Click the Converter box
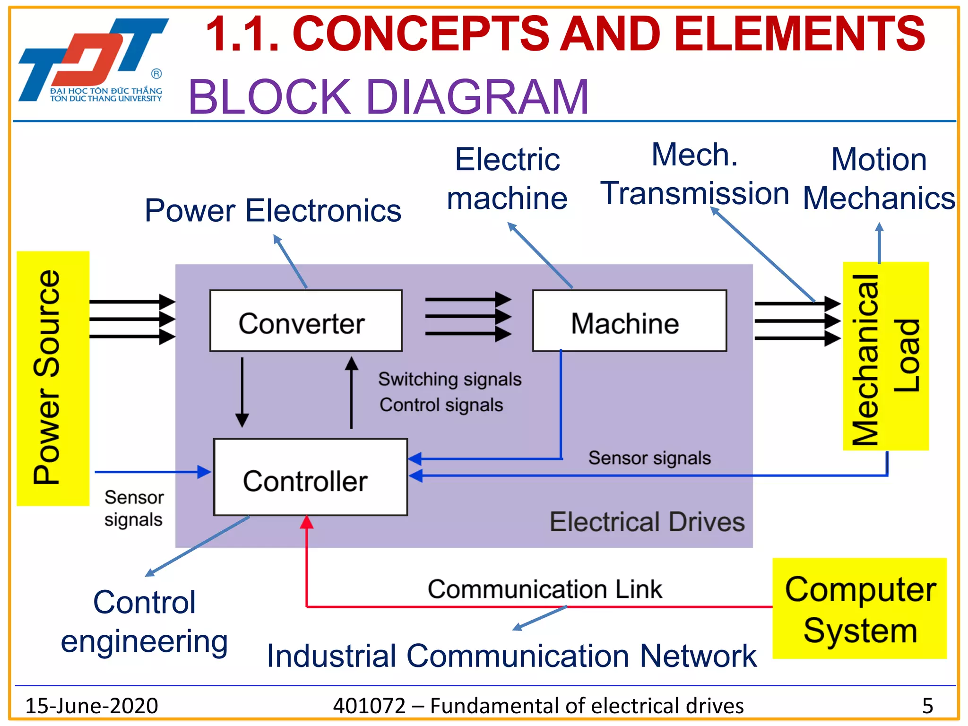coord(306,321)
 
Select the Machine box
coord(629,321)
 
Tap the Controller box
coord(310,477)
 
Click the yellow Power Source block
coord(53,378)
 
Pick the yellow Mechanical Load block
coord(886,356)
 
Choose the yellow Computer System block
coord(859,608)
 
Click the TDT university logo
coord(93,60)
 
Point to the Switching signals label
coord(449,380)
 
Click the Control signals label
coord(441,405)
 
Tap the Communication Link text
coord(544,589)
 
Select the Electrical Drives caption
coord(647,522)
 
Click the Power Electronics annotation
coord(273,211)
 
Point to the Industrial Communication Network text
coord(511,656)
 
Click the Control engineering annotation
coord(145,622)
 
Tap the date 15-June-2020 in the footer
coord(91,706)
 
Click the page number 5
coord(927,706)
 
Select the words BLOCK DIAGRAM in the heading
coord(388,97)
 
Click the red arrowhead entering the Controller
coord(307,522)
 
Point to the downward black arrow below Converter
coord(242,392)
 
